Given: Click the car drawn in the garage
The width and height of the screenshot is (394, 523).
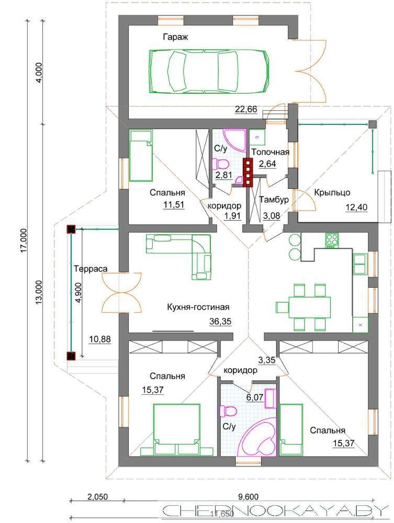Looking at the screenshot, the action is pos(208,71).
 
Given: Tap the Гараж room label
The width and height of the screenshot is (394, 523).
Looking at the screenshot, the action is pos(175,37).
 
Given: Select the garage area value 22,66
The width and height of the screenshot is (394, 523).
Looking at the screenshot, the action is pos(246,109).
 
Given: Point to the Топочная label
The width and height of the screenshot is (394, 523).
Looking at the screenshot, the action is pos(270,152).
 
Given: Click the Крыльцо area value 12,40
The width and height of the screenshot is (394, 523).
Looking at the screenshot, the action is pos(356,208).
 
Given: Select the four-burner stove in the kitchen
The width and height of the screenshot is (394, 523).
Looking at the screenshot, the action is pos(332,240).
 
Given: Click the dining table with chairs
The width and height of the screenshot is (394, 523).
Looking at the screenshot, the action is pos(304,307).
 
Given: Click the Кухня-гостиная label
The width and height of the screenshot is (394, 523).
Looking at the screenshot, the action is pos(198,307).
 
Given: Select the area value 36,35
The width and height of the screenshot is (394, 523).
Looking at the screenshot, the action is pos(220,322).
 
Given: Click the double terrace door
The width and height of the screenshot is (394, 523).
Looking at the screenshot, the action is pos(121,292).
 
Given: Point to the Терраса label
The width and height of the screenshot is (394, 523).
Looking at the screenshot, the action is pos(91,269).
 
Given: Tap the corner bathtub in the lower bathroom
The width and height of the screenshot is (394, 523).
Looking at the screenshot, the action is pos(259,439).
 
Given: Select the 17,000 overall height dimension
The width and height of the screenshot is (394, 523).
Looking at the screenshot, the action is pos(25,241).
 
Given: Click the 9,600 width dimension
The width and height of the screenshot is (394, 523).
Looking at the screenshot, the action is pos(248,497).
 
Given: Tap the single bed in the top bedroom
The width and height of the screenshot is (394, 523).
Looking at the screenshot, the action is pos(141,155).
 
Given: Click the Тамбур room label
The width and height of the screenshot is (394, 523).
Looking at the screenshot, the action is pos(274,200).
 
